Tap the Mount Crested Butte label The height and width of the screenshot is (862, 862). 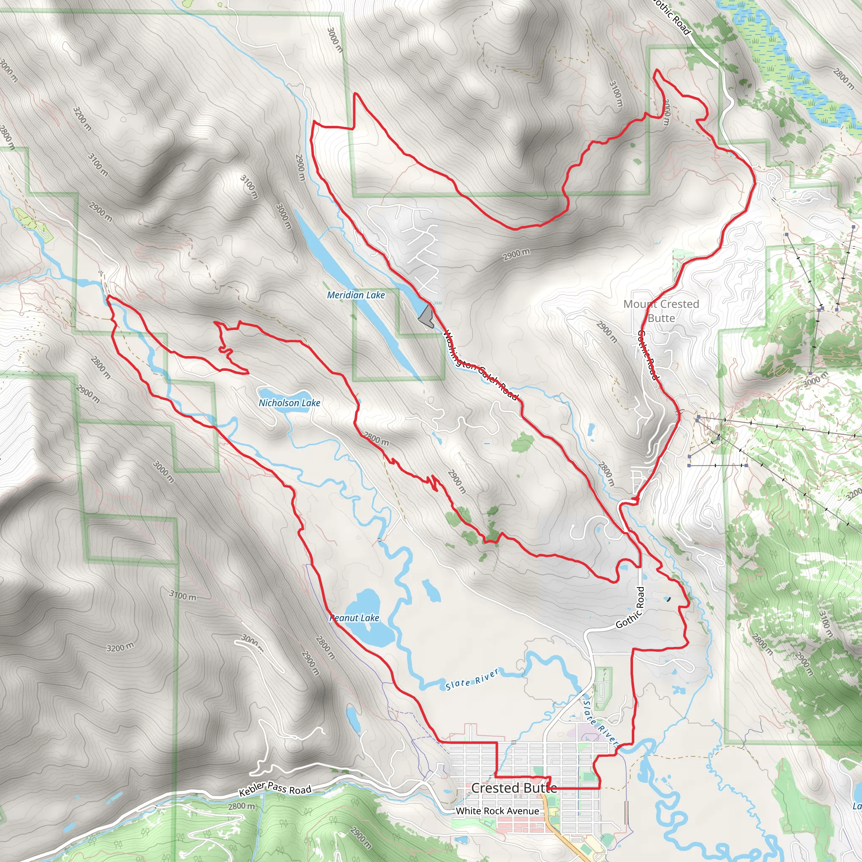[661, 311]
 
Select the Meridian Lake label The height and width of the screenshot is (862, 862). [356, 295]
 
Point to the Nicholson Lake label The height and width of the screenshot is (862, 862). [289, 403]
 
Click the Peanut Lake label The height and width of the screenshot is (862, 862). [354, 618]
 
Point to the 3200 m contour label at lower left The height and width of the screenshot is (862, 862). [120, 647]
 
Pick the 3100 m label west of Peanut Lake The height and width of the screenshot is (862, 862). [183, 595]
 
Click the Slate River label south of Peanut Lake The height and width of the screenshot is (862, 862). [472, 679]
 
